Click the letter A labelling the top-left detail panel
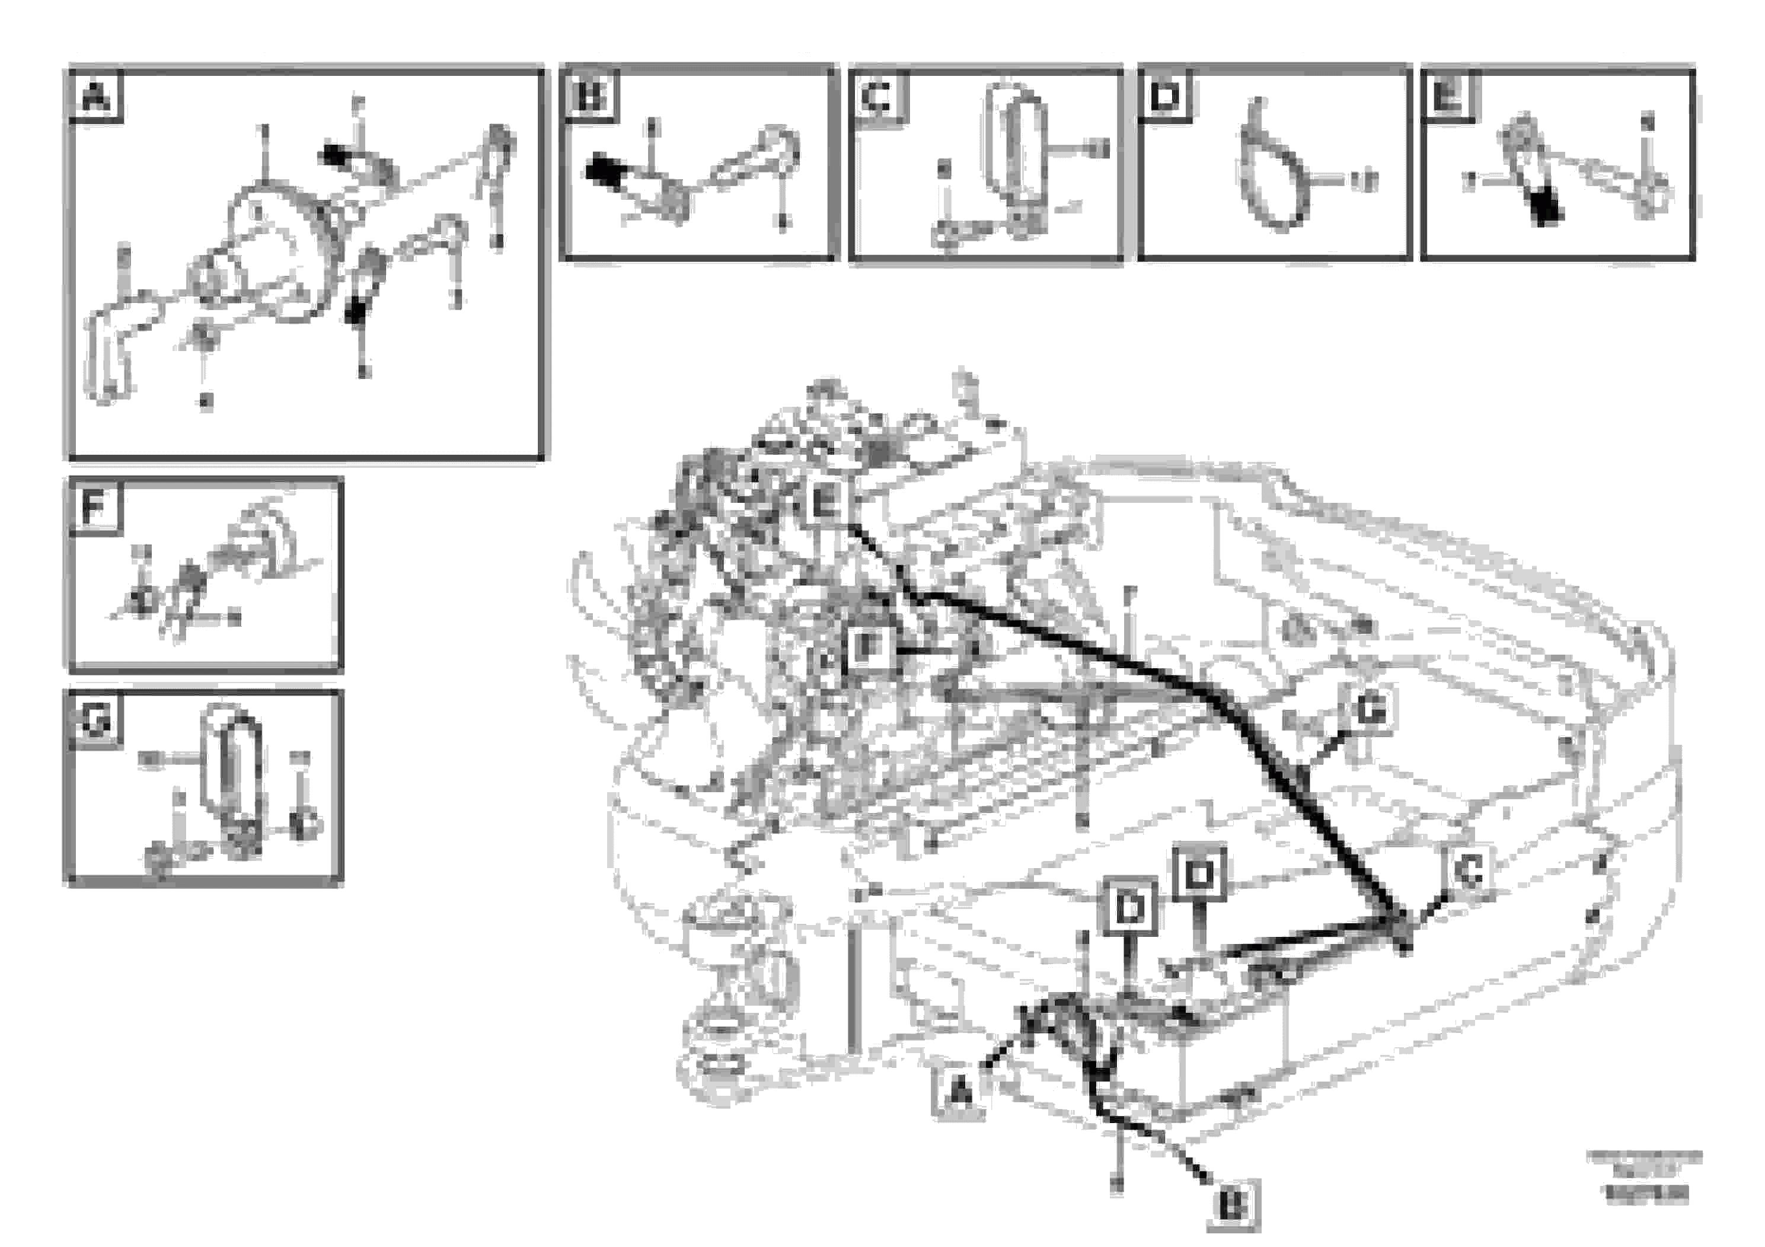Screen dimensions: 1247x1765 [95, 98]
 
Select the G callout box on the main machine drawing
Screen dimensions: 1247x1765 [1371, 710]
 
